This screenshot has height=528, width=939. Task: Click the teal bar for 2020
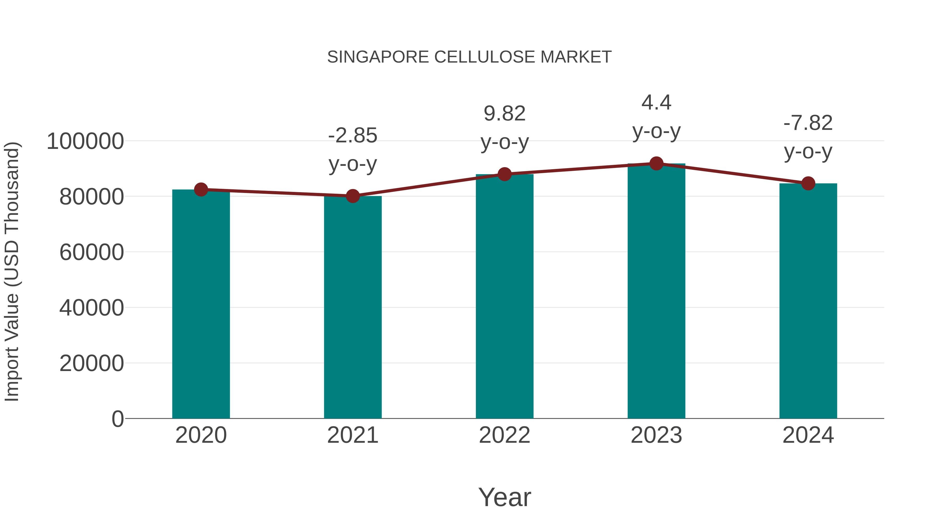coord(201,304)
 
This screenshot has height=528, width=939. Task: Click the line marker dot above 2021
coord(352,196)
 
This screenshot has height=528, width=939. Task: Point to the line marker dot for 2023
coord(656,163)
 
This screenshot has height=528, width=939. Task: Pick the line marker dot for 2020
coord(201,190)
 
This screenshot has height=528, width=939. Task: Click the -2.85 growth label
coord(352,136)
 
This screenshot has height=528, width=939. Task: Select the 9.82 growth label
coord(504,113)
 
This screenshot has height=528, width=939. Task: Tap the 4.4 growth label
coord(656,102)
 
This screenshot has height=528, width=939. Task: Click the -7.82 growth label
coord(808,123)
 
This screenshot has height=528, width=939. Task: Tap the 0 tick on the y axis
coord(117,419)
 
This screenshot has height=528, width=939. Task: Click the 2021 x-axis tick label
coord(352,435)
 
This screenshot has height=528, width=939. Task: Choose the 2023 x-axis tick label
coord(656,435)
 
